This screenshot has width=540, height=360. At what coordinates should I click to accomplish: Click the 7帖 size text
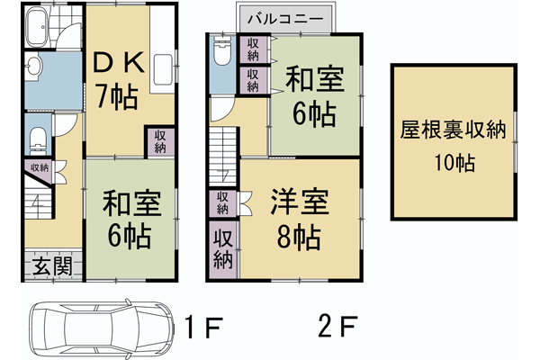pyautogui.click(x=117, y=94)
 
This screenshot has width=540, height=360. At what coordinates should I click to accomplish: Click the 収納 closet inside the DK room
pyautogui.click(x=159, y=142)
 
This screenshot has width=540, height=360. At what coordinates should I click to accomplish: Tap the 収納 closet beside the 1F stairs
pyautogui.click(x=40, y=167)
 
